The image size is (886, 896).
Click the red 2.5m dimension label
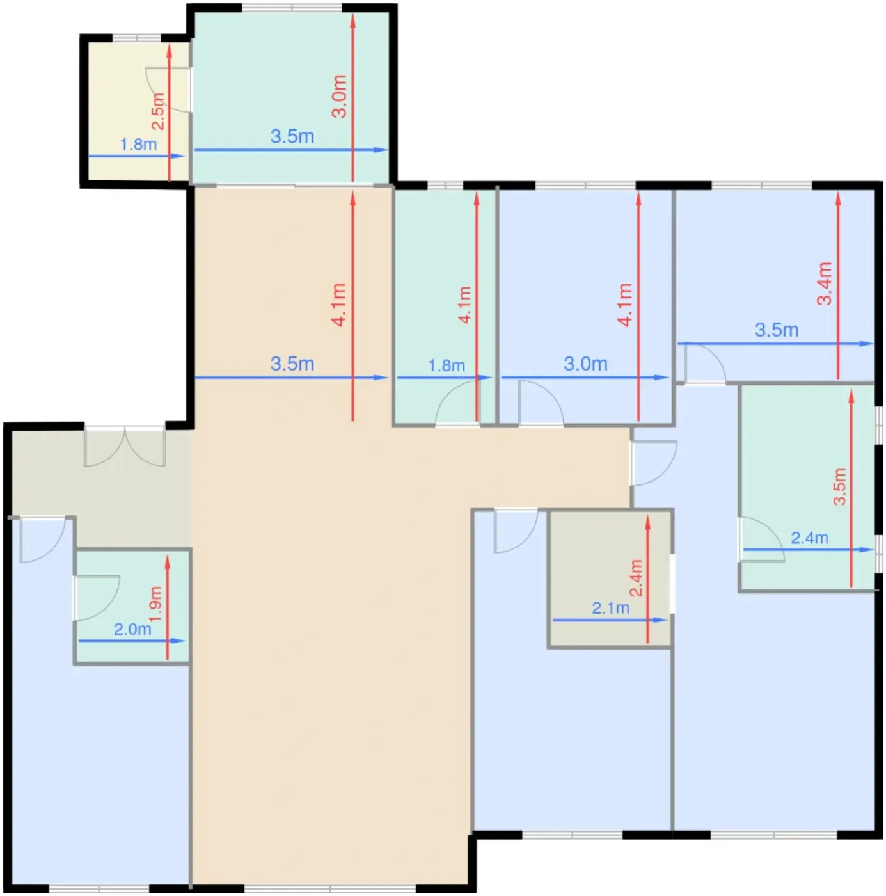(158, 111)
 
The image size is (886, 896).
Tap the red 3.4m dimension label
(824, 284)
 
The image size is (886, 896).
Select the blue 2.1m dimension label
(610, 608)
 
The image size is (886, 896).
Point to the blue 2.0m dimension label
(132, 630)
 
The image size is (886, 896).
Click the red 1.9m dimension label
(155, 604)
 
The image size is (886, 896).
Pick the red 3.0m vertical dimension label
(340, 96)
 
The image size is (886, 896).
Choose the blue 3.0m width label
(585, 364)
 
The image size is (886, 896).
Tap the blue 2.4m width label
(809, 538)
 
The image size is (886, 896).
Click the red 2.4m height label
(635, 578)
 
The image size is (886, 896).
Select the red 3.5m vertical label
(839, 487)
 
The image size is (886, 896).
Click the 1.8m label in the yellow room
(138, 145)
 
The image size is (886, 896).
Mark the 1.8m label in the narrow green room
(447, 365)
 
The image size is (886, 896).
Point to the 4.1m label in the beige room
(339, 305)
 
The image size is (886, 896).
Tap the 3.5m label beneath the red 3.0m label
(292, 136)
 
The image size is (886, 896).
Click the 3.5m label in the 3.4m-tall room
(777, 330)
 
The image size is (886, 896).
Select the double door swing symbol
(125, 446)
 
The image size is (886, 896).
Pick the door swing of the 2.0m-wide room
(96, 598)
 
